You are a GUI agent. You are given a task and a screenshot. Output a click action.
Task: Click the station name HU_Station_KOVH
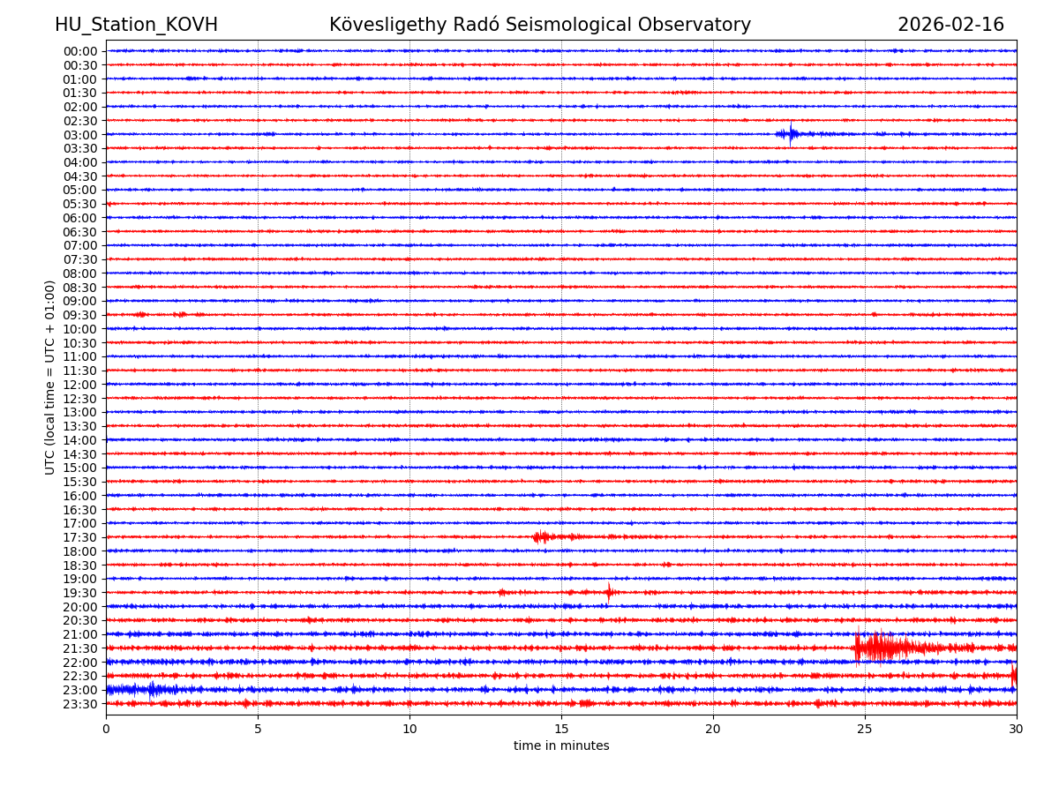(x=136, y=25)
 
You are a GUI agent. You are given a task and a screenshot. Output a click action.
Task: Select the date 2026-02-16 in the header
(x=950, y=25)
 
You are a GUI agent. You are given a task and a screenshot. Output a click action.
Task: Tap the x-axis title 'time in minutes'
(x=561, y=745)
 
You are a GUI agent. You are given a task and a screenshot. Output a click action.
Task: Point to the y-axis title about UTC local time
(x=50, y=377)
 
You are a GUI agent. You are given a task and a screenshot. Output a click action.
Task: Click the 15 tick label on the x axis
(x=561, y=729)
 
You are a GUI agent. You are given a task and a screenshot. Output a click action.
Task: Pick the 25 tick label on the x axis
(x=865, y=729)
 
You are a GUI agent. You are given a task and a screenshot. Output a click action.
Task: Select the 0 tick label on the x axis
(x=106, y=729)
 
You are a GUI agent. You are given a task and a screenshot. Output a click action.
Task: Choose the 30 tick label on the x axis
(x=1017, y=729)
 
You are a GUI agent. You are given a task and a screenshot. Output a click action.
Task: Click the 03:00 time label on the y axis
(x=80, y=135)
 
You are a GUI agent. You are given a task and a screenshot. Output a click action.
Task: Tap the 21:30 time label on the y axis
(x=80, y=648)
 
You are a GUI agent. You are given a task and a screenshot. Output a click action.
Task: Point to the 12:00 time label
(x=80, y=385)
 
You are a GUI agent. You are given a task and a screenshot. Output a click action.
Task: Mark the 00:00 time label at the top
(x=80, y=51)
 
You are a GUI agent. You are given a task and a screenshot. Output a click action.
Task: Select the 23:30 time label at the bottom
(x=80, y=704)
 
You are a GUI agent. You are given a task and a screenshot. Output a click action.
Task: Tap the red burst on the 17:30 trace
(x=542, y=536)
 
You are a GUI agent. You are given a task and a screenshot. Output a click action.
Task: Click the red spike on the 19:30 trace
(x=609, y=592)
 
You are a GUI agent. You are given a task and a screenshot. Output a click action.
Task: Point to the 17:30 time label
(x=80, y=537)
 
